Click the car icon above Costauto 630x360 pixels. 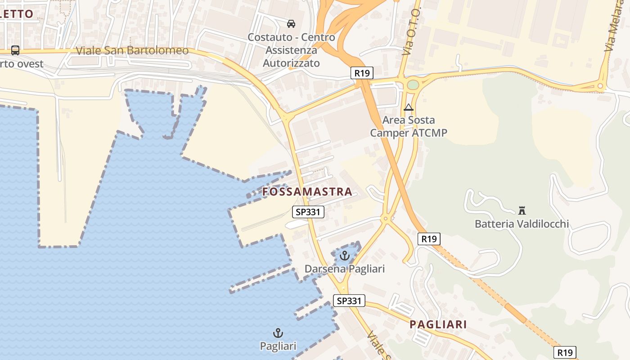tap(291, 23)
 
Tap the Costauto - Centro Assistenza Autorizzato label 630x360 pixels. tap(291, 50)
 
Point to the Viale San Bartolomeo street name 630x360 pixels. tap(132, 50)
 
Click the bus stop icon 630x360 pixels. tap(15, 50)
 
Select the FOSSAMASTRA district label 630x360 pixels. tap(307, 192)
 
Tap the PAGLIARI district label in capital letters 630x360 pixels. tap(438, 324)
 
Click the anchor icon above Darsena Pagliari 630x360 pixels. tap(344, 256)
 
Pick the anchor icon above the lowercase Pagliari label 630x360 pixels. tap(278, 333)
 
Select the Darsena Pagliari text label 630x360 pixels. tap(345, 269)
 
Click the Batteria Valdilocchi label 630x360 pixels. tap(522, 224)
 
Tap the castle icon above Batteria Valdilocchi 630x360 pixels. tap(522, 210)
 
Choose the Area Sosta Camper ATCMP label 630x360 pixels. tap(409, 126)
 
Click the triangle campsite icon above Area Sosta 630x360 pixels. tap(409, 107)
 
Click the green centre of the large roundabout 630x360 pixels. tap(413, 85)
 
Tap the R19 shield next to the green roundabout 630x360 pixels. tap(362, 73)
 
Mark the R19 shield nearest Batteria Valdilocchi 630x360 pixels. tap(429, 239)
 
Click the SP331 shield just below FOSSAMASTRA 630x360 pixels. tap(308, 212)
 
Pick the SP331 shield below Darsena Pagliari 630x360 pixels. tap(349, 301)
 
